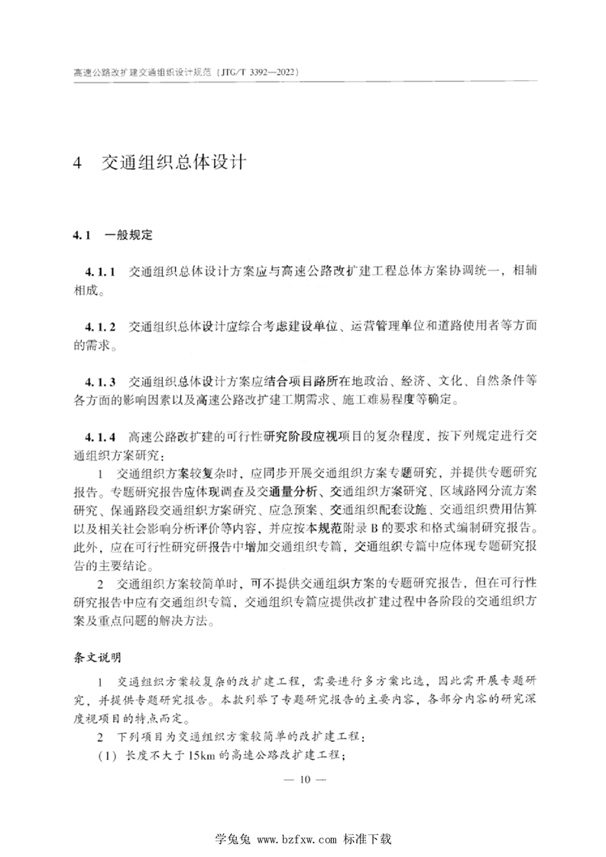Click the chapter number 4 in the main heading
tap(76, 163)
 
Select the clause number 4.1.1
tap(100, 271)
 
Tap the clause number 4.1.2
tap(100, 327)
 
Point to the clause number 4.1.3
tap(100, 382)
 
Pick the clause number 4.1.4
tap(100, 437)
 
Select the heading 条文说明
tap(96, 657)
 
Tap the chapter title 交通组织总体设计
tap(173, 163)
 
